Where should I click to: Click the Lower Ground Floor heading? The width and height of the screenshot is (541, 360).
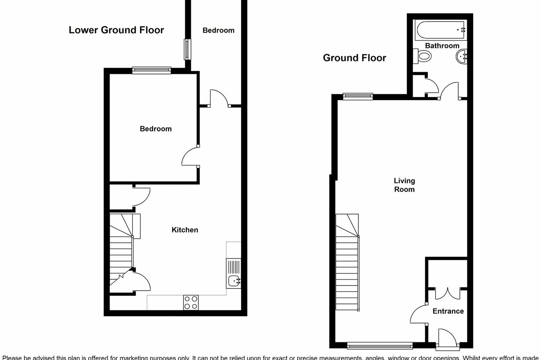tap(116, 30)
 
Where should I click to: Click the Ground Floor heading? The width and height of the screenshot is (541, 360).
tap(354, 58)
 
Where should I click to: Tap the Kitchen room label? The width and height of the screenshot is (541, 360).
tap(185, 230)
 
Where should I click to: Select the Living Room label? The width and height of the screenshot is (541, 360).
tap(404, 185)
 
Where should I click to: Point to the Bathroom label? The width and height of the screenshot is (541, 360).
tap(442, 46)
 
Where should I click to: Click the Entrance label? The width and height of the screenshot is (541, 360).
tap(448, 311)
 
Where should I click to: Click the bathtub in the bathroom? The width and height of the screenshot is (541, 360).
tap(440, 30)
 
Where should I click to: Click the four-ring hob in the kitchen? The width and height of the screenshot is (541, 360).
tap(191, 302)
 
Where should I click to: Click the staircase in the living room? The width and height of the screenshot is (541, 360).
tap(348, 263)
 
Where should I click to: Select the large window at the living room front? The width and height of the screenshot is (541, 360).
tap(379, 345)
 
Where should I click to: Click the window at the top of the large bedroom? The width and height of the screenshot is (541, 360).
tap(151, 70)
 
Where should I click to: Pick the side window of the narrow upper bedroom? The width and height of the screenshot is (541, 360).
tap(187, 49)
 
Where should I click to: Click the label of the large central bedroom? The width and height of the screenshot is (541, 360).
tap(155, 129)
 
